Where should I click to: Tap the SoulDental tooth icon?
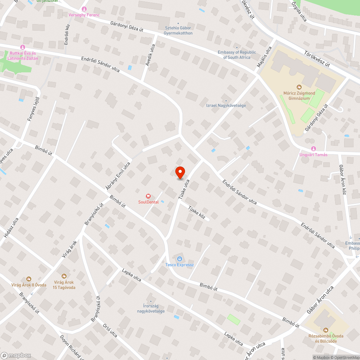147,196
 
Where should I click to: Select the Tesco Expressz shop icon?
180,258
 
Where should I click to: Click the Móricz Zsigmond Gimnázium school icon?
299,87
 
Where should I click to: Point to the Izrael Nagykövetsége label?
226,105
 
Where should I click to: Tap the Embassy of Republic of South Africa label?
237,55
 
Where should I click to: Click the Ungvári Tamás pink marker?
313,149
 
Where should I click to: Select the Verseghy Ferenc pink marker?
84,9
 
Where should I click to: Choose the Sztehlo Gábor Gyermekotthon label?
178,31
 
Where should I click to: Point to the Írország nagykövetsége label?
151,309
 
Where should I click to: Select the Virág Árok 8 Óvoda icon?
28,279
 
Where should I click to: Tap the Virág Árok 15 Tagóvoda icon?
64,276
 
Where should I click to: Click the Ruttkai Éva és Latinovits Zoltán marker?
23,47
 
